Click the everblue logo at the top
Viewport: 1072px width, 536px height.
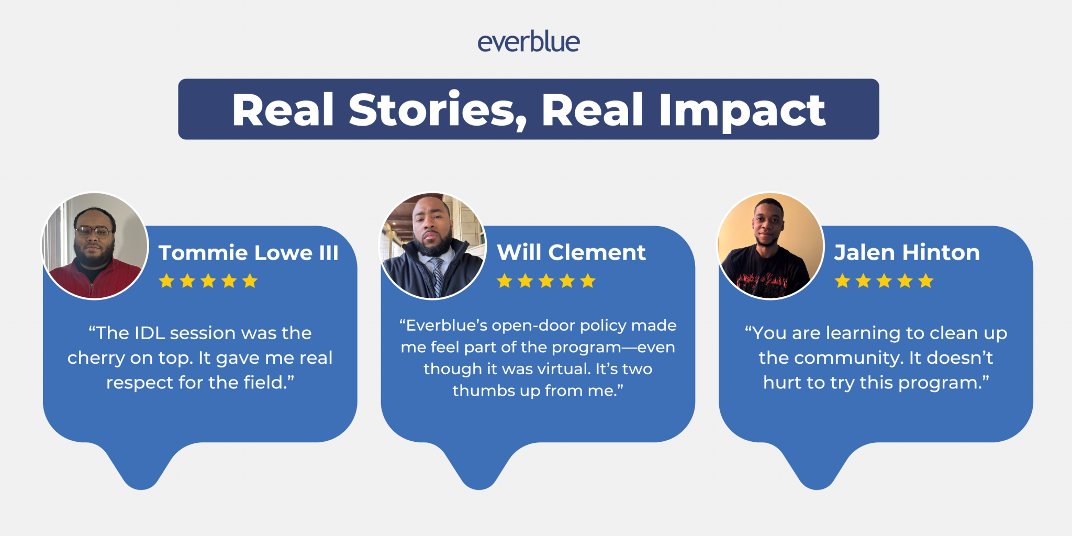click(528, 42)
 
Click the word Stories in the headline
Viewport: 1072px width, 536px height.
click(431, 110)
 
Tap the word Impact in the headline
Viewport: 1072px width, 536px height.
click(742, 110)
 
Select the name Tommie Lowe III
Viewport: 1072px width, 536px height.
click(249, 253)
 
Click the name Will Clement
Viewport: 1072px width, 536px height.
click(571, 253)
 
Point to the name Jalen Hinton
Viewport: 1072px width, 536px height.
click(907, 253)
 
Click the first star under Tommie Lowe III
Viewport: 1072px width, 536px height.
click(166, 281)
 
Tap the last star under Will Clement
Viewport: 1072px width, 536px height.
click(588, 281)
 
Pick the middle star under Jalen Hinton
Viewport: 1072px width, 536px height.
click(884, 281)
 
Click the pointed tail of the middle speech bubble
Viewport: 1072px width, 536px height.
click(479, 479)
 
